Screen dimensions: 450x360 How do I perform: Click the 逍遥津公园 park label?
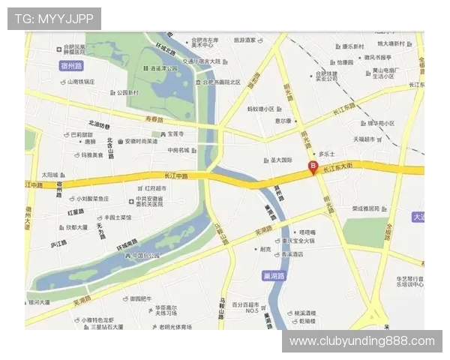163,68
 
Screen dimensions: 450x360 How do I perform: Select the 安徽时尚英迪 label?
140,141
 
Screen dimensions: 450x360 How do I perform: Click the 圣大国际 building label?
280,160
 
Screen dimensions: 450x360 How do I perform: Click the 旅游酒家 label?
244,40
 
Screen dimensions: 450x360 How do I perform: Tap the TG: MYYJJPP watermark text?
54,19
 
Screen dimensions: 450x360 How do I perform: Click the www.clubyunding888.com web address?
362,341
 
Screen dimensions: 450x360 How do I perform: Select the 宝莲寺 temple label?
175,133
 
